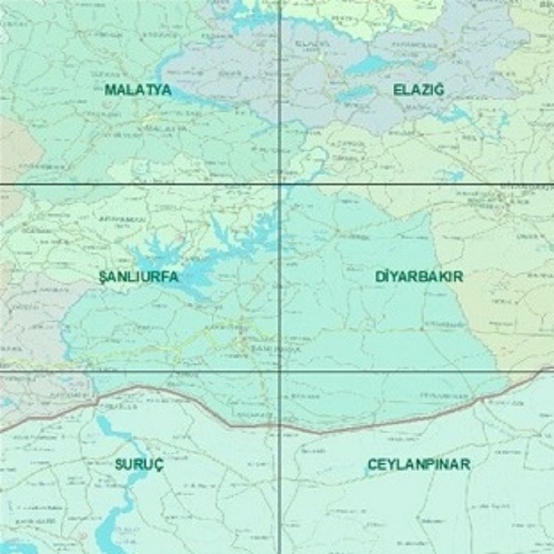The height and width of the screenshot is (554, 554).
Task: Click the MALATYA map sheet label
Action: click(138, 90)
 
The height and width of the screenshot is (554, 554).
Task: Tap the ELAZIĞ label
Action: click(419, 90)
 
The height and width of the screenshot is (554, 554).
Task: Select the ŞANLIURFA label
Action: click(138, 276)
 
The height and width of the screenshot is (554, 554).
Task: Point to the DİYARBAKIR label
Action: click(419, 276)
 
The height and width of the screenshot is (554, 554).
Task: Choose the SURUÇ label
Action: click(140, 465)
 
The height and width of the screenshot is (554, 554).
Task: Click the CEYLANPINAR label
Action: click(419, 465)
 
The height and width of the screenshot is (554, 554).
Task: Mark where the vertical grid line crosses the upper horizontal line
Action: click(280, 183)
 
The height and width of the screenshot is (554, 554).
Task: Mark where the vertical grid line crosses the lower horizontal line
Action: click(280, 369)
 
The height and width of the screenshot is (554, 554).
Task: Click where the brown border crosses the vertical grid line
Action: click(280, 426)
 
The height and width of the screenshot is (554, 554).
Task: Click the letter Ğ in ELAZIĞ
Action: click(440, 90)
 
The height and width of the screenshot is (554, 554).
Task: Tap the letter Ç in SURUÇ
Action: click(159, 465)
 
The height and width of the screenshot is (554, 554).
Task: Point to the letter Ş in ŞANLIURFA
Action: click(102, 276)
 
